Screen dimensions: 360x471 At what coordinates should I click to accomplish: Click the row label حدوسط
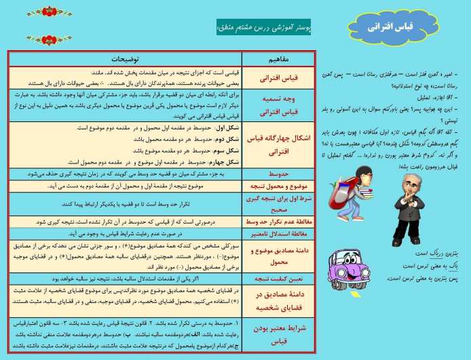[278, 174]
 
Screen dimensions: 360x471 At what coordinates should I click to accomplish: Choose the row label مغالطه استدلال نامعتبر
[278, 234]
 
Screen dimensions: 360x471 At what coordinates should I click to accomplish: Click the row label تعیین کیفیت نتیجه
[278, 279]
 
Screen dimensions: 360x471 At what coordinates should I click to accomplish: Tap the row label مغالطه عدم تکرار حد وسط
[278, 221]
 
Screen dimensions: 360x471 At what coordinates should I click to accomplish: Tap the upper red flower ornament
[50, 12]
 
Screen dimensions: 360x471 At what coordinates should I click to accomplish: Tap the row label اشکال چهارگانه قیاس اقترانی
[278, 144]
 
